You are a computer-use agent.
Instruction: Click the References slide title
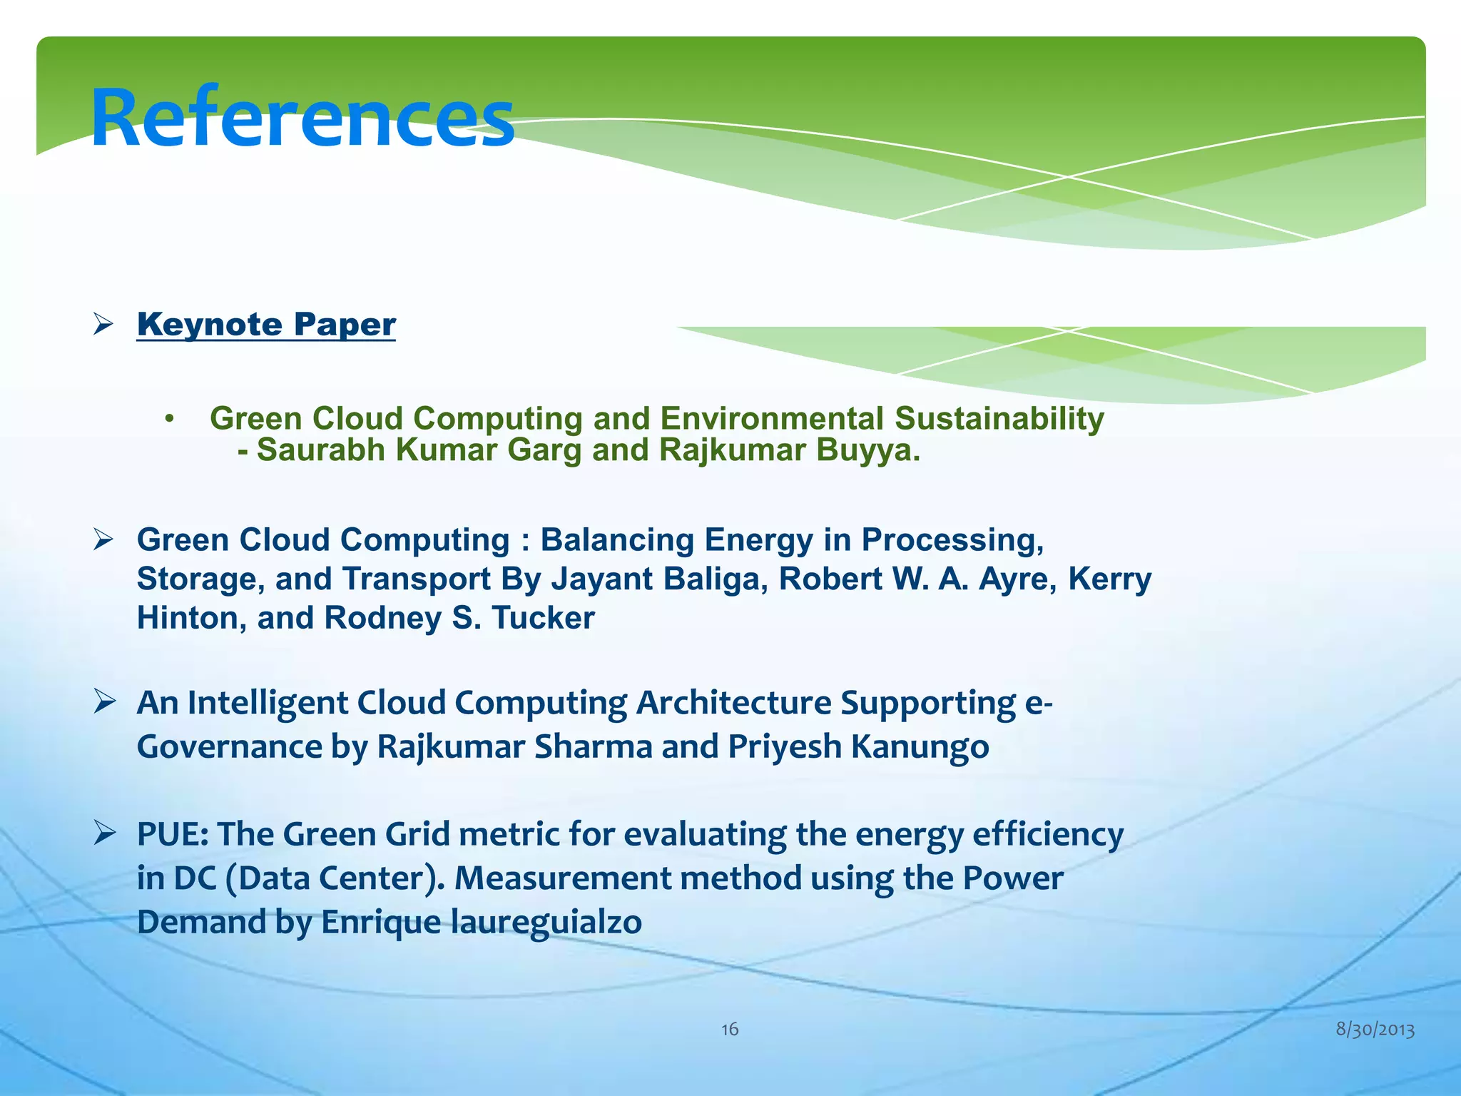point(302,118)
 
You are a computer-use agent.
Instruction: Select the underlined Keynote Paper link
point(266,325)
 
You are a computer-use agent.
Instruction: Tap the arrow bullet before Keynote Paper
point(103,325)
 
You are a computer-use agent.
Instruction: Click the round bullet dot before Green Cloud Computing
point(169,420)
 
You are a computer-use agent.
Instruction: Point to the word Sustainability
point(999,419)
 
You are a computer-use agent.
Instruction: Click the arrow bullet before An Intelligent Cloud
point(103,702)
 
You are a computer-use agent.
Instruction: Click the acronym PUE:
point(173,834)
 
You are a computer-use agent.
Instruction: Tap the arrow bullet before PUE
point(103,833)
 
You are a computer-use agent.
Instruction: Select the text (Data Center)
point(335,878)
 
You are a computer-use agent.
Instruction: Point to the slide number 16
point(730,1029)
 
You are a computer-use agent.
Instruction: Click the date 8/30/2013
point(1375,1030)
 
